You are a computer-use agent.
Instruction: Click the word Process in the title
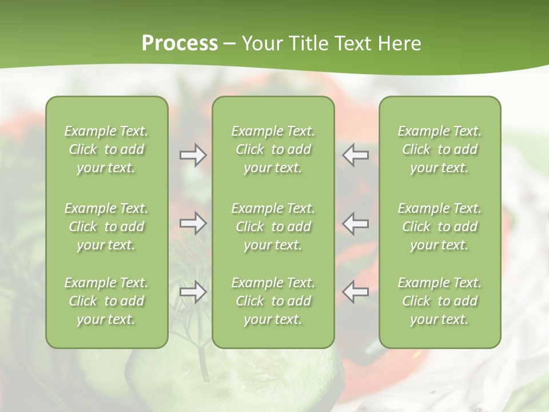point(180,43)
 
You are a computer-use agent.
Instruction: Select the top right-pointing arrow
point(193,155)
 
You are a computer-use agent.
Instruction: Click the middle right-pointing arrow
point(193,223)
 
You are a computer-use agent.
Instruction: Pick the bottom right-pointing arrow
point(193,292)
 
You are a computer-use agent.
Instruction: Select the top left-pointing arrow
point(356,155)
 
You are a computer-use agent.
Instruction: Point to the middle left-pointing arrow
point(356,223)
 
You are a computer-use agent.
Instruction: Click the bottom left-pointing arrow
point(356,292)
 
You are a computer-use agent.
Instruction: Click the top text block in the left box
point(106,149)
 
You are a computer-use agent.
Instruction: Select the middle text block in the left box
point(106,227)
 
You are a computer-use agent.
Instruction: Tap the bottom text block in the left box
point(106,301)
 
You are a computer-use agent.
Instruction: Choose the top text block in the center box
point(273,149)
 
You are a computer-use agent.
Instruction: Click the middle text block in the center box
point(273,227)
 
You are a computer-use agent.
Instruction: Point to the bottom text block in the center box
point(273,301)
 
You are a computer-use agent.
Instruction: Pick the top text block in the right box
point(440,149)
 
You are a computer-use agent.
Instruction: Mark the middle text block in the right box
point(440,227)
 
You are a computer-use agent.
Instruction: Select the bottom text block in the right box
point(440,301)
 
